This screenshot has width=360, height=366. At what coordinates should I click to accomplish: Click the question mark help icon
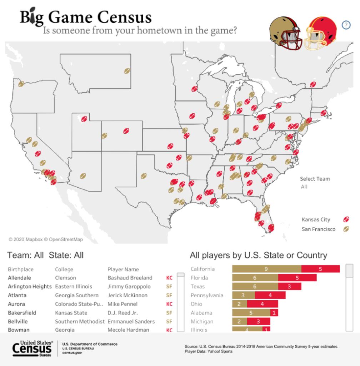[x=346, y=25]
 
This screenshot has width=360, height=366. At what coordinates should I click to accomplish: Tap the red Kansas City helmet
[x=320, y=33]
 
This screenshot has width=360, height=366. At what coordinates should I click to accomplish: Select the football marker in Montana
[x=127, y=71]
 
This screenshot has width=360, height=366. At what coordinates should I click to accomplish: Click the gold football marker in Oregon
[x=21, y=84]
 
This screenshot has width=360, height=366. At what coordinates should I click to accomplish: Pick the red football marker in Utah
[x=84, y=119]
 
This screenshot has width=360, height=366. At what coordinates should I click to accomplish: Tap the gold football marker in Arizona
[x=83, y=176]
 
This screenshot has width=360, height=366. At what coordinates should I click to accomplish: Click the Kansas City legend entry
[x=316, y=219]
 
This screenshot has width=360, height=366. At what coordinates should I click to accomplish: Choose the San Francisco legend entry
[x=319, y=229]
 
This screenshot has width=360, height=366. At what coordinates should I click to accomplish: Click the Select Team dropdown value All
[x=304, y=187]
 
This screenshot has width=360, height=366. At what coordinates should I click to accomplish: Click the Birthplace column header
[x=20, y=269]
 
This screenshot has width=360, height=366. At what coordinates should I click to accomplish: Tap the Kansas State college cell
[x=71, y=313]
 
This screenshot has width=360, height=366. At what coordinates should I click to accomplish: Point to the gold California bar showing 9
[x=266, y=269]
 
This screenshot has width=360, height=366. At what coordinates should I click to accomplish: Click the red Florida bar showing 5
[x=297, y=278]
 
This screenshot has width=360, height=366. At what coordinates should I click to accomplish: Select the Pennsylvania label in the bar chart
[x=207, y=295]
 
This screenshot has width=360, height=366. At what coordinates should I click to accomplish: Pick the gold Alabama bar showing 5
[x=251, y=313]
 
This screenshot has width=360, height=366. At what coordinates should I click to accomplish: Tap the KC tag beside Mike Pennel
[x=169, y=304]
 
